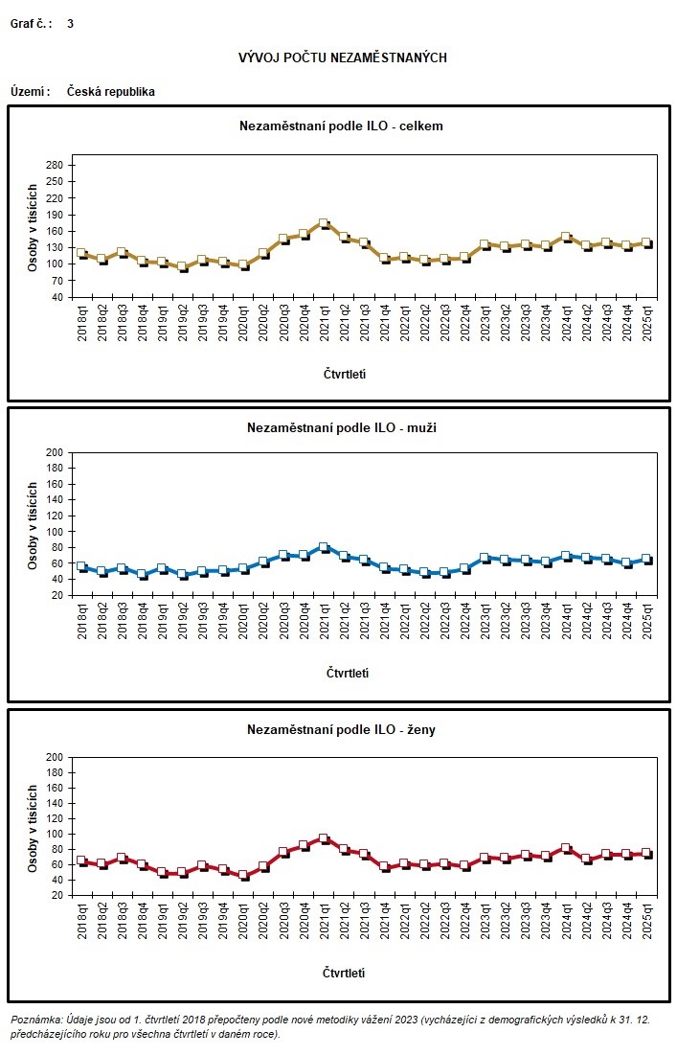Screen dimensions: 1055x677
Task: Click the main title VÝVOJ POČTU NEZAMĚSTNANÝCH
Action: [342, 58]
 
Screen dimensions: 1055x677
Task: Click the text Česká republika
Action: [111, 92]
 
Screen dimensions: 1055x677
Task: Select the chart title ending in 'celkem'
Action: [341, 126]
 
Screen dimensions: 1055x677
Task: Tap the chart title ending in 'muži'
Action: [341, 427]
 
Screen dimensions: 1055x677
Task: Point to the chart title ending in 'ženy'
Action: [341, 730]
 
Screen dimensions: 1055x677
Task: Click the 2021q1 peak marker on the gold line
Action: [324, 223]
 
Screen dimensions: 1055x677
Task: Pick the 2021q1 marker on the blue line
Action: [324, 547]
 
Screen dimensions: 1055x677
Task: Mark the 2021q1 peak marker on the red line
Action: [324, 838]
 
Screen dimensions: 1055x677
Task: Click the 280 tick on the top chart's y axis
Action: [55, 165]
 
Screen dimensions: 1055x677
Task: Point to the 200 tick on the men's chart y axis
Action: [55, 452]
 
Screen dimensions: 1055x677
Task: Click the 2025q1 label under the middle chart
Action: [646, 624]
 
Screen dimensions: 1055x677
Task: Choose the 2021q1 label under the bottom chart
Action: [324, 925]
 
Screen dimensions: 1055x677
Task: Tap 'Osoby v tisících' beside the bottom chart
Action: [32, 826]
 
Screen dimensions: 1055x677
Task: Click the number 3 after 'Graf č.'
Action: [70, 23]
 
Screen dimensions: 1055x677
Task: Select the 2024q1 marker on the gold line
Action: [566, 236]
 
